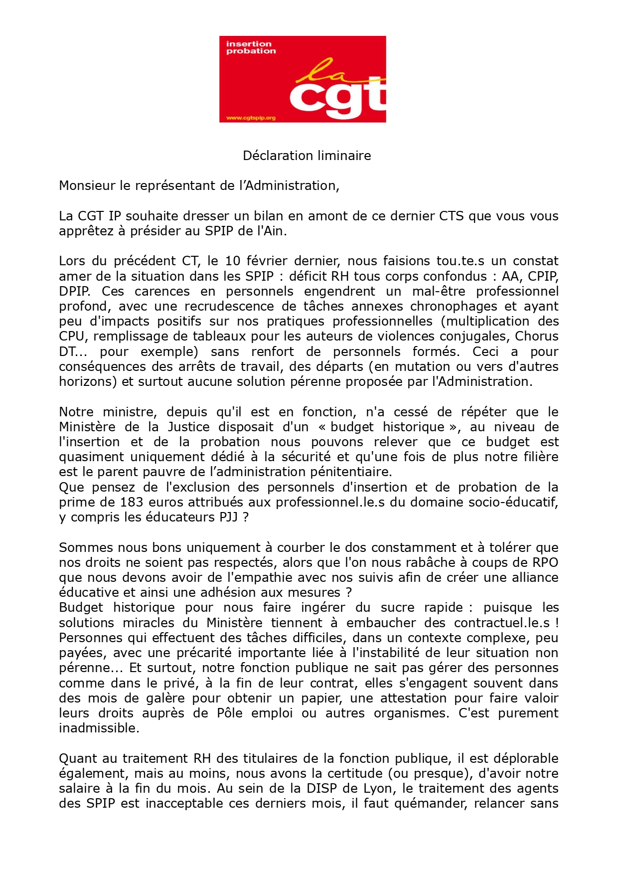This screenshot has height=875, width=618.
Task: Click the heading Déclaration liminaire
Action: [x=307, y=156]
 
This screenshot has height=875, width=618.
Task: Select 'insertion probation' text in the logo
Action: [x=250, y=47]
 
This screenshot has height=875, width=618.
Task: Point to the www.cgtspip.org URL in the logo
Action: [x=251, y=118]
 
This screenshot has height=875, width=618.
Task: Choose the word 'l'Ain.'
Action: [x=272, y=231]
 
